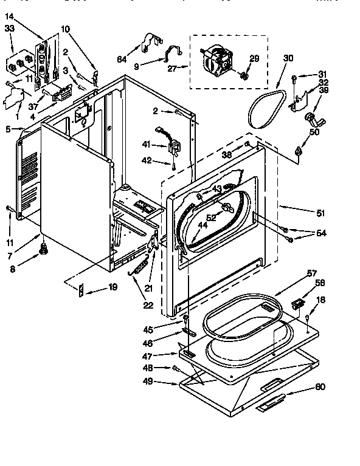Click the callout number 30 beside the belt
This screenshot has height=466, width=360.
(288, 58)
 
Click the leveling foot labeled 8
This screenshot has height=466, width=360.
(43, 248)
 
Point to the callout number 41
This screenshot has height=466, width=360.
(147, 144)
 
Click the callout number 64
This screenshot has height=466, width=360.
(121, 59)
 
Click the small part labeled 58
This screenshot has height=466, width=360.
(297, 303)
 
